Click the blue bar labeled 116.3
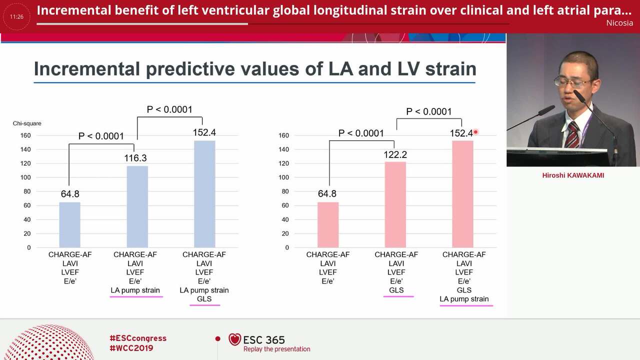tap(137, 206)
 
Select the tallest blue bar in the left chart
tap(204, 194)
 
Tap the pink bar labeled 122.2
tap(395, 204)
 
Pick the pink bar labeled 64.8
tap(328, 225)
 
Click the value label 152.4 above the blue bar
tap(204, 132)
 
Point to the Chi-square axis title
tap(27, 123)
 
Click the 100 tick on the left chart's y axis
tap(25, 177)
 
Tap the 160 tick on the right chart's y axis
tap(283, 135)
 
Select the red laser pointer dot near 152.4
tap(475, 132)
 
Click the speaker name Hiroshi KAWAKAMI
tap(573, 175)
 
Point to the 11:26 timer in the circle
tap(16, 17)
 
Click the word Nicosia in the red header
tap(619, 23)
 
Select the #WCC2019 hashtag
tap(131, 348)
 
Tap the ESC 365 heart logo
tap(235, 339)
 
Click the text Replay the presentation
tap(276, 349)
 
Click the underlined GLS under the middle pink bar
tap(396, 290)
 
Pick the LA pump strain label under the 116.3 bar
tap(135, 290)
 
